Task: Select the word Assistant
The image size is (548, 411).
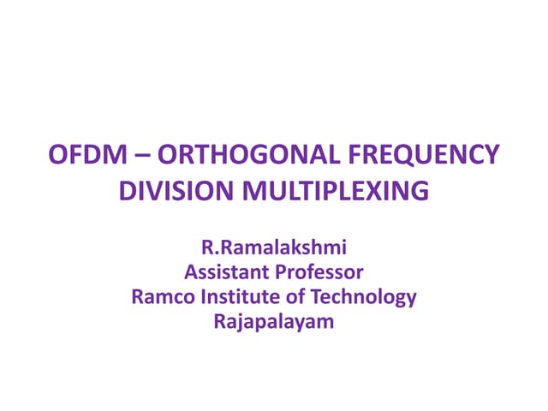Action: pos(224,273)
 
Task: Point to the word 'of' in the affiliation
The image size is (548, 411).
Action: pos(287,297)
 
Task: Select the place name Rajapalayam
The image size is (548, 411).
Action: pos(274,322)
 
